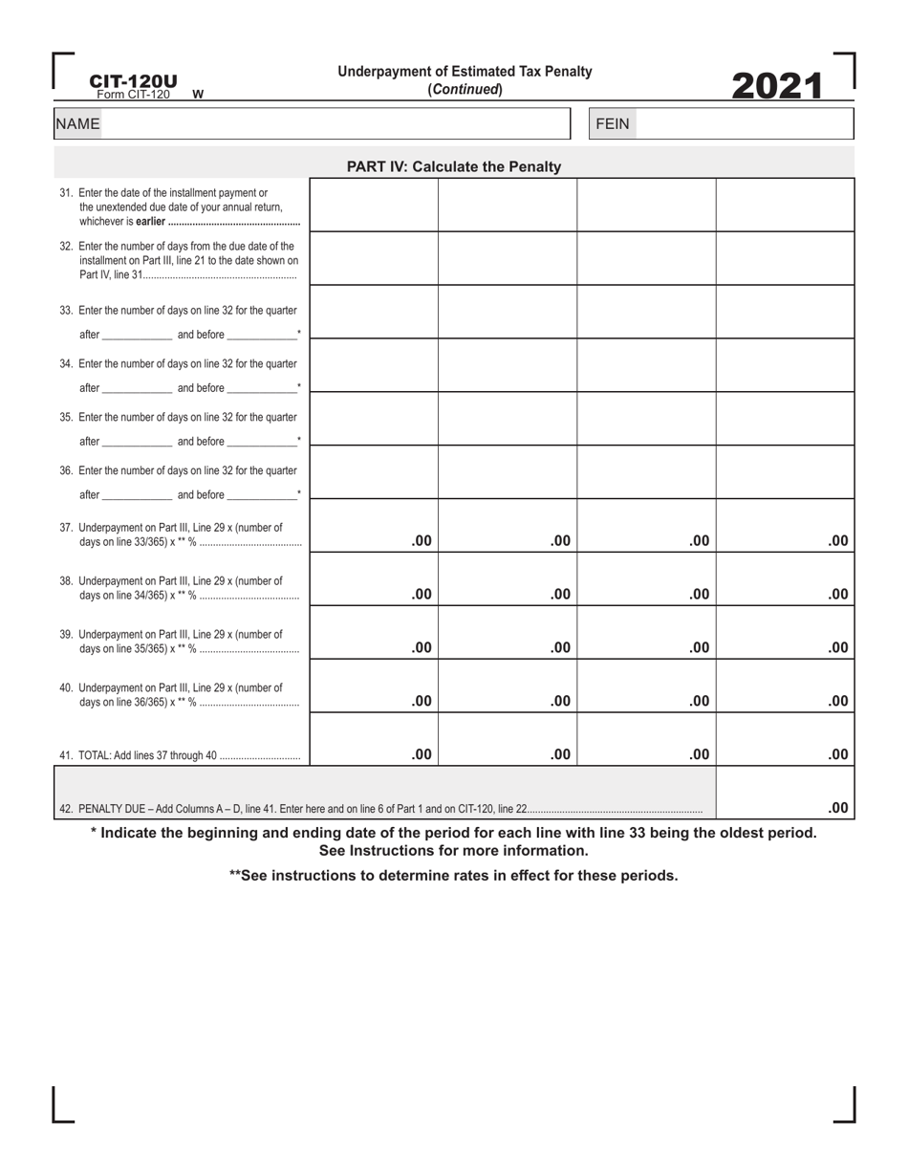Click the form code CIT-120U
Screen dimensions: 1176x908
point(133,81)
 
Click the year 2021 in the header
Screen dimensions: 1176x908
point(777,86)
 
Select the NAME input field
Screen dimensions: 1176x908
point(335,124)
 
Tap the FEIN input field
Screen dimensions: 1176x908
point(744,124)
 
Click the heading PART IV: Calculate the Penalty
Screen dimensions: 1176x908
point(453,167)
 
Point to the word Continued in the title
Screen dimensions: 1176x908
point(465,89)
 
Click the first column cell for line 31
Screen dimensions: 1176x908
point(374,205)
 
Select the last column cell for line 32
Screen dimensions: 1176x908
point(785,258)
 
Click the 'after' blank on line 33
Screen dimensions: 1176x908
point(137,335)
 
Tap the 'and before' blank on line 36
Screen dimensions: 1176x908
point(262,495)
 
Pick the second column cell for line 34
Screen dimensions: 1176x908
point(508,365)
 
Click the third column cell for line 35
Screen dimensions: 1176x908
point(646,419)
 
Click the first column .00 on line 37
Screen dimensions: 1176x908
point(421,540)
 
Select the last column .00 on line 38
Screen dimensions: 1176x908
point(837,594)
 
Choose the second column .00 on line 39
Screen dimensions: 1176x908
point(559,647)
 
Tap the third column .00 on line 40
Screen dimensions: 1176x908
point(699,701)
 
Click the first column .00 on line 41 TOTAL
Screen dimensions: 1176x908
point(421,754)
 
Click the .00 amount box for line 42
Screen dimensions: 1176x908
point(837,808)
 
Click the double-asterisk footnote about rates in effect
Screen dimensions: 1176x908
point(453,875)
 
